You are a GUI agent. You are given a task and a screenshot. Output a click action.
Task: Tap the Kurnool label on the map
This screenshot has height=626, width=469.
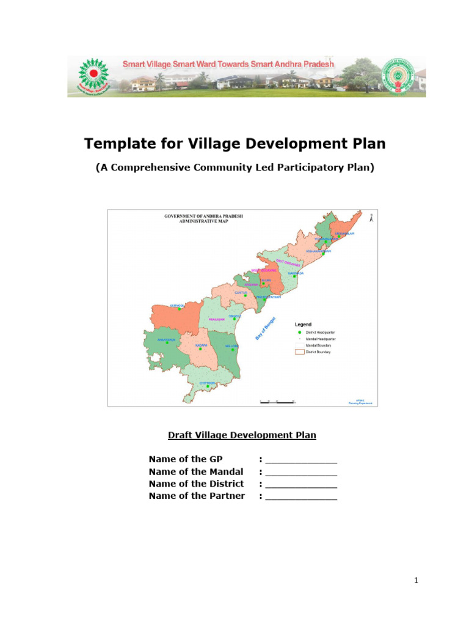click(x=177, y=305)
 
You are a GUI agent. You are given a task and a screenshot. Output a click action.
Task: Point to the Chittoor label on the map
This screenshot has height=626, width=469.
click(x=208, y=382)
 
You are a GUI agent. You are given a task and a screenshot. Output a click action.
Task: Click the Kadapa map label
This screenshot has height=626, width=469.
click(x=201, y=345)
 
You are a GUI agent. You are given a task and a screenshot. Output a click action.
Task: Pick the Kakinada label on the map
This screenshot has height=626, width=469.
click(x=296, y=273)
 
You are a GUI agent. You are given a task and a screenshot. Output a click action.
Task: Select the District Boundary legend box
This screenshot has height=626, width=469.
click(x=299, y=352)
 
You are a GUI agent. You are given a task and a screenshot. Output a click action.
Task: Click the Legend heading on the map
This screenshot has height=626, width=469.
click(x=304, y=324)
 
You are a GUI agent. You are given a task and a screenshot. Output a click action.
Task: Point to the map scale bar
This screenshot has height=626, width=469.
click(x=277, y=402)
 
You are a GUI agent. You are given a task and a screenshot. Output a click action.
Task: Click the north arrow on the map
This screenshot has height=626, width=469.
click(x=371, y=216)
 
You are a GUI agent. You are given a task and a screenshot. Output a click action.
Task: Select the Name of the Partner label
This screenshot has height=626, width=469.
click(x=197, y=496)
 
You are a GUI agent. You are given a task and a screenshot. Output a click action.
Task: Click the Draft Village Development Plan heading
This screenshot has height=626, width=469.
click(x=242, y=435)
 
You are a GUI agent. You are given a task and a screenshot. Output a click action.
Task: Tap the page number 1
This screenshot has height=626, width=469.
click(x=416, y=581)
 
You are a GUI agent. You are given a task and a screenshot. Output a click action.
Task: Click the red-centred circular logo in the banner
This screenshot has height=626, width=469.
click(x=93, y=75)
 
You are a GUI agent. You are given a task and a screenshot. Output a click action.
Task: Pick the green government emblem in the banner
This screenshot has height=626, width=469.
click(x=397, y=76)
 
